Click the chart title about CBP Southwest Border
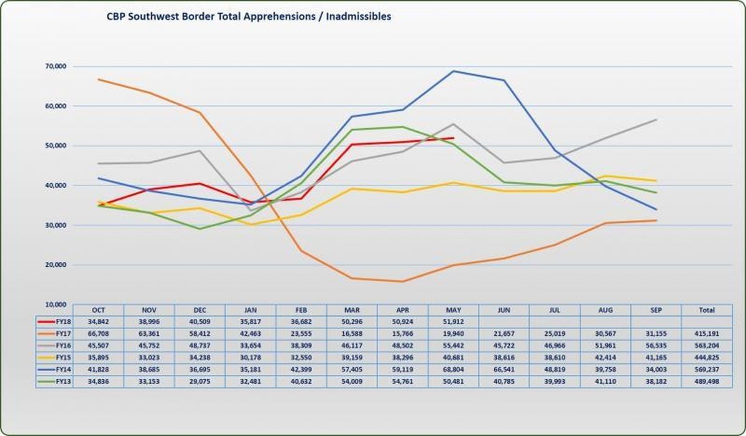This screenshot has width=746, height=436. tap(249, 17)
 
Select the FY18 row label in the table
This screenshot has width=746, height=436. tap(62, 322)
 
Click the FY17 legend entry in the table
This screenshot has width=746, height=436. tap(62, 333)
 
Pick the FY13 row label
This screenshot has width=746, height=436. tap(62, 381)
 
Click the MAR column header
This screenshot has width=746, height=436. tap(352, 310)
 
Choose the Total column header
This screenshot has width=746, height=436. tap(706, 310)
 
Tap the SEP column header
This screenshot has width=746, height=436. tap(656, 310)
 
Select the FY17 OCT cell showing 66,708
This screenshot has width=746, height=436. tap(98, 333)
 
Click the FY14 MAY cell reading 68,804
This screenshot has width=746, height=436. tap(453, 369)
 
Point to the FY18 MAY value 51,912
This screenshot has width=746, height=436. tap(453, 322)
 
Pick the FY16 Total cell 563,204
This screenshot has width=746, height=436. tap(706, 346)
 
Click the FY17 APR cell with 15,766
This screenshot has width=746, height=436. tap(402, 333)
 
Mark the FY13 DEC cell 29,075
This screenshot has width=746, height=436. tap(200, 381)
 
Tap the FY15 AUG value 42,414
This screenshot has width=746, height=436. tap(606, 358)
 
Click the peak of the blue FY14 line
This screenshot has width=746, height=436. tap(453, 71)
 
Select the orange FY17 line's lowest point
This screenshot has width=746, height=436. tap(402, 282)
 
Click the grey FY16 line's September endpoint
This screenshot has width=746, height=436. tap(656, 119)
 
